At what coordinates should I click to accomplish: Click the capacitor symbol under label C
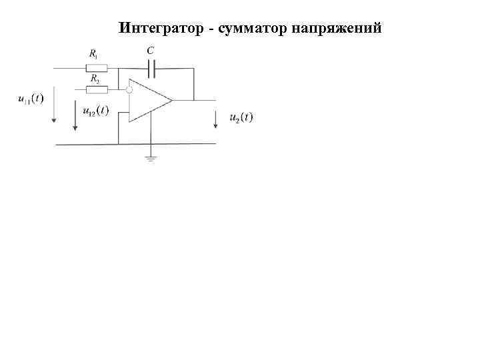tap(151, 67)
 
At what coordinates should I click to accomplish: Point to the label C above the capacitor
tap(150, 50)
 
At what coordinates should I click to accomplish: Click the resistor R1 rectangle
tap(97, 67)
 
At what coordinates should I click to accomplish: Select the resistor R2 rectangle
tap(97, 89)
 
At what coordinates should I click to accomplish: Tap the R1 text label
tap(94, 53)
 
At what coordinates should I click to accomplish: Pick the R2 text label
tap(95, 79)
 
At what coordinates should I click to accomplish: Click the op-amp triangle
tap(148, 101)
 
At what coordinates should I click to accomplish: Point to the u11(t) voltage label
tap(31, 99)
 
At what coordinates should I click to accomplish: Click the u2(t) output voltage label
tap(241, 117)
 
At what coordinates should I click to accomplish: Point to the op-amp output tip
tap(172, 101)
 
